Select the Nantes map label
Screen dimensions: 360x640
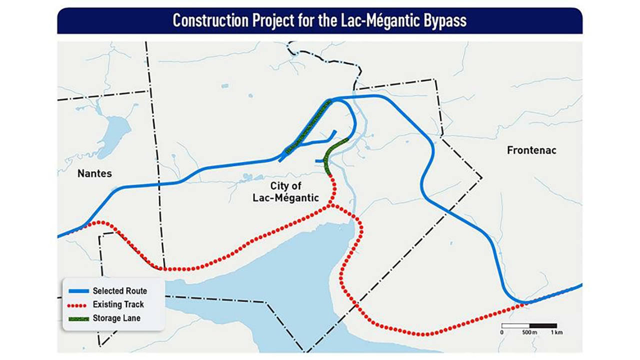point(94,173)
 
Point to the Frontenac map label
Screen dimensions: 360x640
point(531,150)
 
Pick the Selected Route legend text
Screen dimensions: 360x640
point(119,291)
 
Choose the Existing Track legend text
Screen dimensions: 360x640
point(118,304)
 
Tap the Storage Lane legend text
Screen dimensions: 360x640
point(116,318)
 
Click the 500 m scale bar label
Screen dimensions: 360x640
point(529,332)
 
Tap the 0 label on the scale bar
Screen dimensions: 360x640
point(501,332)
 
